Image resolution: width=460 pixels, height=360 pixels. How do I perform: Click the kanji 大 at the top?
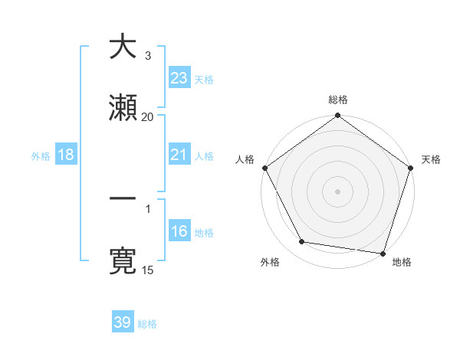[123, 47]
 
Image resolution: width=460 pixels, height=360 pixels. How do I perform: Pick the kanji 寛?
[123, 260]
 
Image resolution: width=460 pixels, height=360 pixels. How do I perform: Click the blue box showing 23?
[179, 77]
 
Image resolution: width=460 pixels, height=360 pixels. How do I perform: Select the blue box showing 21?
[179, 155]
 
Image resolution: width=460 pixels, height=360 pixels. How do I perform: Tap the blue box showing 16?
[179, 232]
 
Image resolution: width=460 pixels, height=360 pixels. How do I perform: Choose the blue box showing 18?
[66, 155]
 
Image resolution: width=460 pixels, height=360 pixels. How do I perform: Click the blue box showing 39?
[123, 322]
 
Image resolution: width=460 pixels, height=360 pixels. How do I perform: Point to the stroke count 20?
[147, 116]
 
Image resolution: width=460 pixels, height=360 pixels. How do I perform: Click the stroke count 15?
[147, 270]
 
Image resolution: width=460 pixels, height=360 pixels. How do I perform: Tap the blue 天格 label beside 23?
[204, 79]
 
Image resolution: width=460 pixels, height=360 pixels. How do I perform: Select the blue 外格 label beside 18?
[41, 155]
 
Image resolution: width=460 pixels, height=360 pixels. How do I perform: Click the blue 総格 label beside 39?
[147, 324]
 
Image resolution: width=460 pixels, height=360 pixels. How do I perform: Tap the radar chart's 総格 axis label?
[337, 100]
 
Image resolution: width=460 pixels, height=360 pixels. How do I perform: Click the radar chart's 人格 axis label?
[245, 159]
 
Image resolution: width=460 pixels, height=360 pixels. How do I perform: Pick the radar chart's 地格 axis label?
[402, 262]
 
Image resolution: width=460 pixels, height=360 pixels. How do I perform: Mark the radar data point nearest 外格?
[302, 242]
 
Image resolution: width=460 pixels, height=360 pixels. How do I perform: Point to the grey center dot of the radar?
[337, 191]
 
